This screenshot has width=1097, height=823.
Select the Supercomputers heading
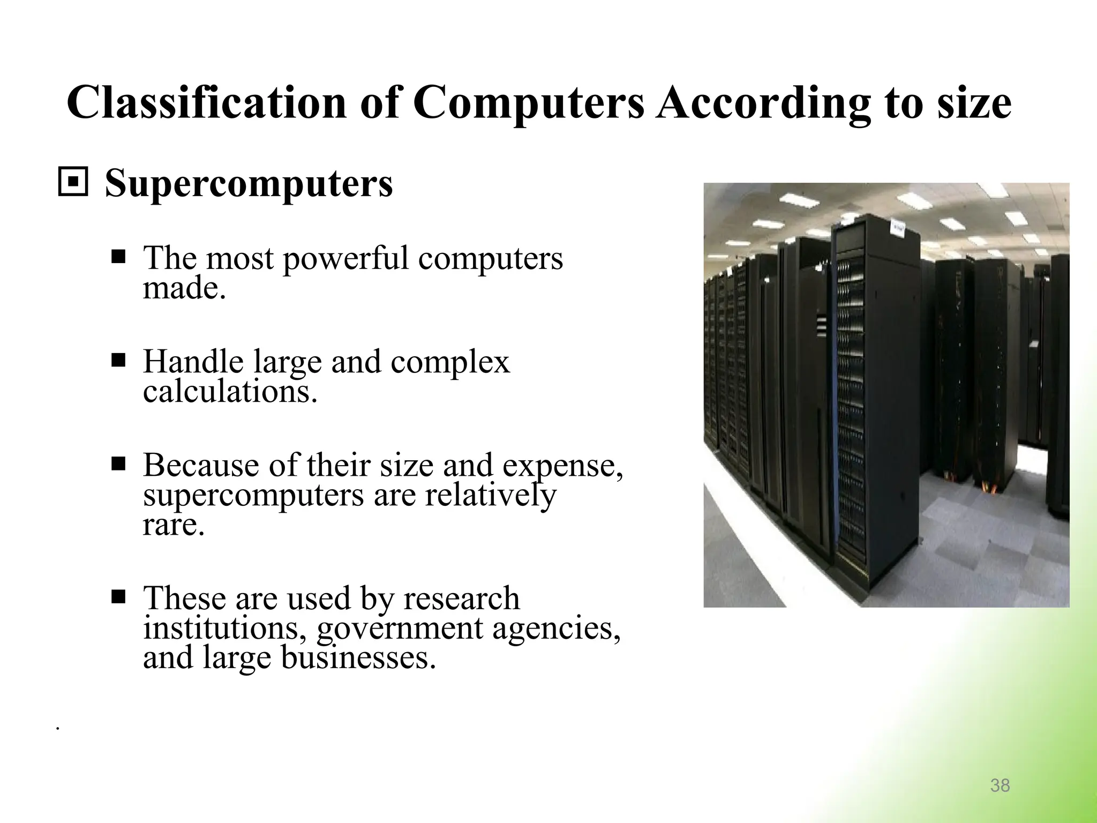(x=249, y=183)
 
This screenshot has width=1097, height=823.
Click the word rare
(x=174, y=525)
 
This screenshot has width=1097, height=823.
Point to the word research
(x=461, y=598)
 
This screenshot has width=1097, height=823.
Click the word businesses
(x=358, y=659)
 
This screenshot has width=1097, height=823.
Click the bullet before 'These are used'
(x=118, y=596)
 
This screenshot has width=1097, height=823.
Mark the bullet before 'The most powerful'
(x=118, y=257)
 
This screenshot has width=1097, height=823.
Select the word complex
(x=450, y=363)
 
